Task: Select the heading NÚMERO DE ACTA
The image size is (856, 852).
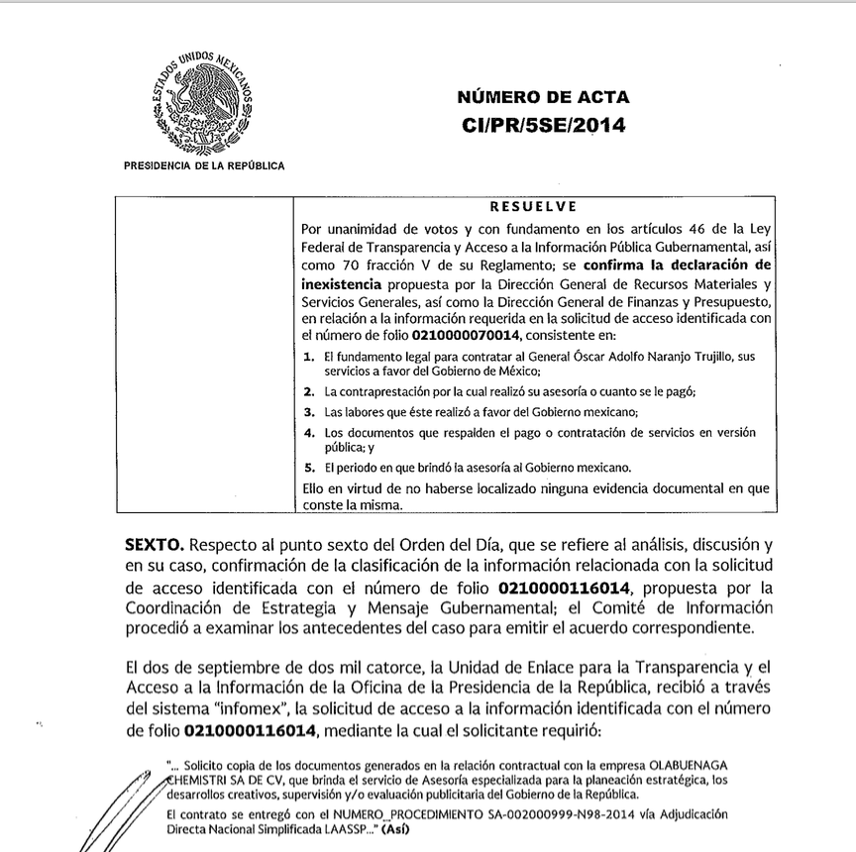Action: point(543,97)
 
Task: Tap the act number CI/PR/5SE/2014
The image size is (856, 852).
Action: point(543,126)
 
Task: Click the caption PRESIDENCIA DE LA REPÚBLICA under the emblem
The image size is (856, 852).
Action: point(203,165)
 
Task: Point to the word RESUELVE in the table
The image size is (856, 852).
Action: point(534,208)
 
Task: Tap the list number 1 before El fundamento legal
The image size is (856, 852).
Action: point(309,355)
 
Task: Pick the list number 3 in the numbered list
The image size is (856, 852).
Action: point(309,412)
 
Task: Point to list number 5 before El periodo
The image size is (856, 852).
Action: point(309,467)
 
